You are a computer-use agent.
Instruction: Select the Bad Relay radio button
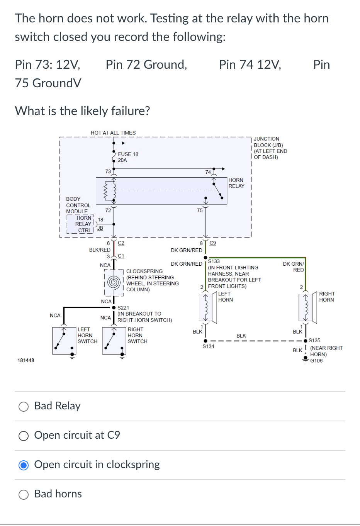click(24, 407)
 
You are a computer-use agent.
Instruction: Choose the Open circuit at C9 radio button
click(24, 436)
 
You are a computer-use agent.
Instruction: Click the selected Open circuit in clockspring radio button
click(24, 465)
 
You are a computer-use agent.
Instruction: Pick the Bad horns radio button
click(24, 495)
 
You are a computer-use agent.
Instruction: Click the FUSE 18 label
click(128, 154)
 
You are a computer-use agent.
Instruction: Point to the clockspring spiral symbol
click(114, 282)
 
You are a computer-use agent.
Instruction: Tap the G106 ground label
click(316, 360)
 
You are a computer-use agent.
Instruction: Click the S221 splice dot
click(114, 307)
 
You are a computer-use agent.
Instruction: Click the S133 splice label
click(214, 261)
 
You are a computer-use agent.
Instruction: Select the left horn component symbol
click(207, 308)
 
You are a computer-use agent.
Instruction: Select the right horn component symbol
click(307, 308)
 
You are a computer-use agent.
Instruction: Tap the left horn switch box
click(64, 341)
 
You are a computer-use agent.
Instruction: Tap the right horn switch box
click(114, 341)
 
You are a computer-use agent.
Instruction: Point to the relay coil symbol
click(111, 191)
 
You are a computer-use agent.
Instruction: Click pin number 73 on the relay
click(108, 171)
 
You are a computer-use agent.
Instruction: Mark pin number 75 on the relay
click(200, 210)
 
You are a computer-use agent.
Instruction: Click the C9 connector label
click(212, 243)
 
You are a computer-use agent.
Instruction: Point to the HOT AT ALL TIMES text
click(113, 133)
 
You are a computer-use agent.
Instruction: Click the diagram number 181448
click(26, 360)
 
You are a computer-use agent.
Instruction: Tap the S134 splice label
click(208, 346)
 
